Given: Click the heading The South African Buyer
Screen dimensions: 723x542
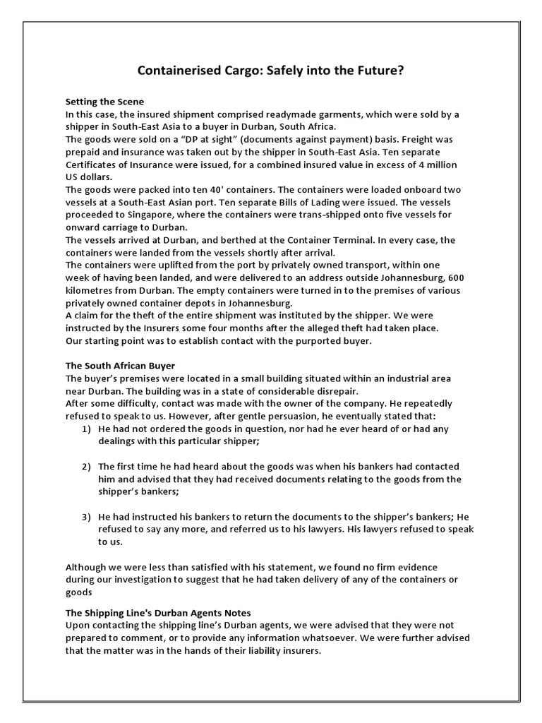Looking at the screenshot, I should tap(120, 366).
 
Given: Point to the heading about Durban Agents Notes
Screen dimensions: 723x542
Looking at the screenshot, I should tap(158, 613).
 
